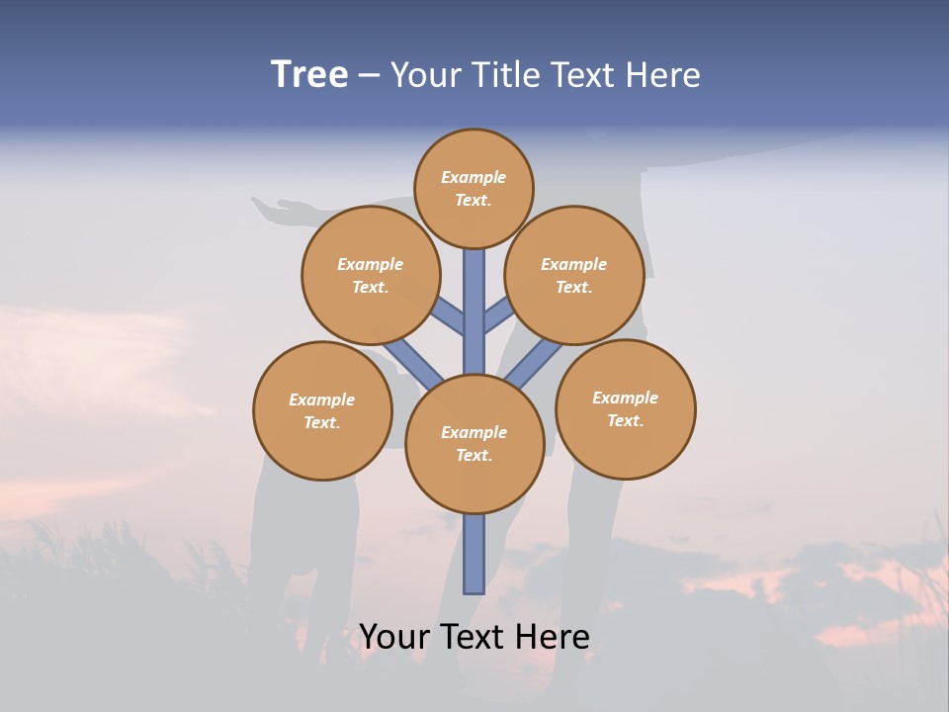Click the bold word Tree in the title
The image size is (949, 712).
click(309, 75)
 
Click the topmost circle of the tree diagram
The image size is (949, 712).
click(474, 188)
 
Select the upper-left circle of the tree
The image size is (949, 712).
click(370, 275)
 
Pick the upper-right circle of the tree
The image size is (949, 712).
click(573, 275)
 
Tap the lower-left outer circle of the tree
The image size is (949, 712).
click(322, 410)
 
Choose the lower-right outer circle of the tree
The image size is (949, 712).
click(625, 408)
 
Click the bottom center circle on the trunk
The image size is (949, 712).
click(474, 443)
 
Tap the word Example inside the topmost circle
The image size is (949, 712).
click(474, 177)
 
